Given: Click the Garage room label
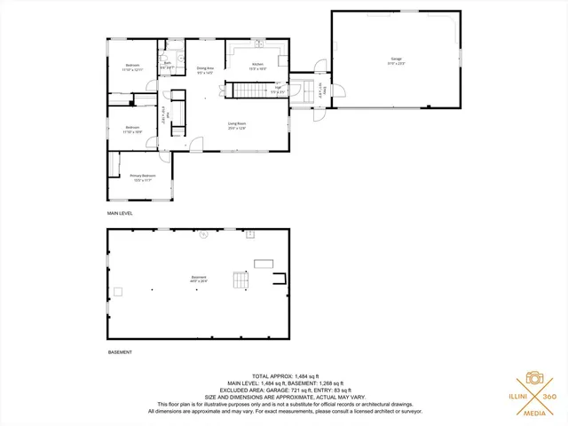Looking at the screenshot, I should (x=396, y=60).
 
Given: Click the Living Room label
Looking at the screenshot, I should (x=236, y=125).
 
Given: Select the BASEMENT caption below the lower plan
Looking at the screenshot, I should (x=120, y=352).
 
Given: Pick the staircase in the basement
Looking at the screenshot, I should (x=241, y=281).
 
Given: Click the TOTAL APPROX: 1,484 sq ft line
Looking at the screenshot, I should (x=284, y=377).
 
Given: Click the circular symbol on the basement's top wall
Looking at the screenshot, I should (x=203, y=234).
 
